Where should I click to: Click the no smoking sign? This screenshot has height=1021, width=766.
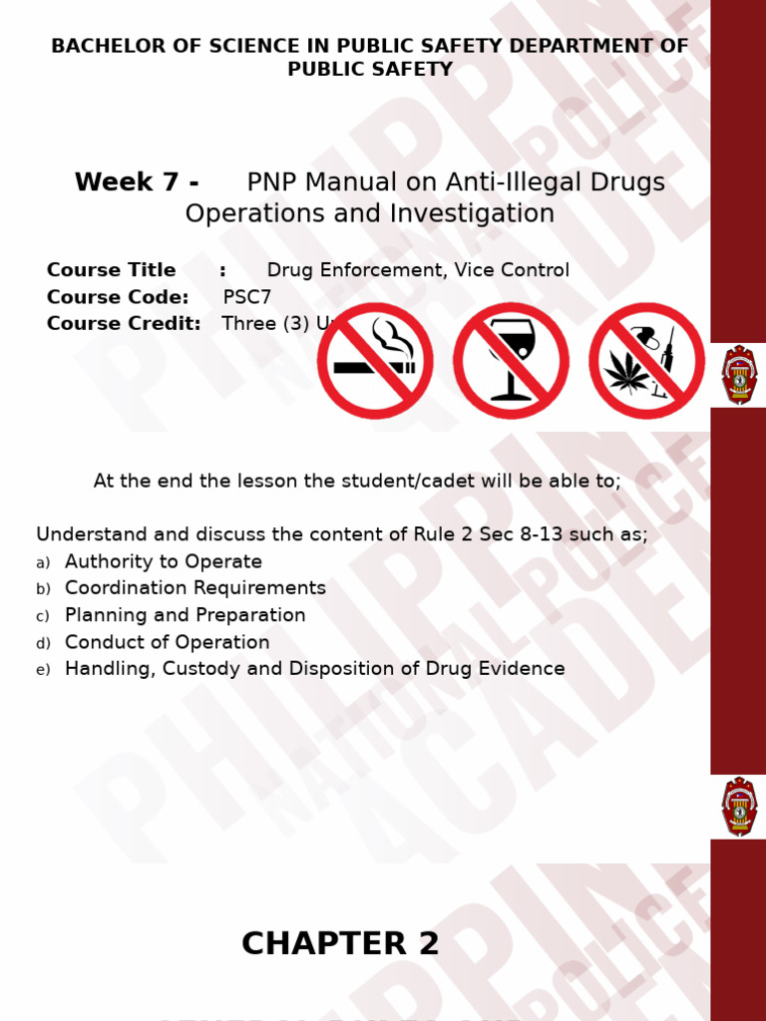click(x=375, y=361)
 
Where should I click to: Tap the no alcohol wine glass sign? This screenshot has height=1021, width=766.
click(x=511, y=361)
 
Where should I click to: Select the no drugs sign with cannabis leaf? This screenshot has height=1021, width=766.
click(x=646, y=361)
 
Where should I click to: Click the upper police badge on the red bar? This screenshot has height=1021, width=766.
click(x=739, y=375)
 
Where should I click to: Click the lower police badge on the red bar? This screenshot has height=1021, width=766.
click(x=739, y=807)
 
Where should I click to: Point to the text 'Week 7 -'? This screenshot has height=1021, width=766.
click(x=137, y=183)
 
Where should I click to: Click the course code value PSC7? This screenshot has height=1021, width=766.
click(x=247, y=297)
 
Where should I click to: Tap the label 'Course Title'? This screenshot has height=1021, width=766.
click(x=111, y=270)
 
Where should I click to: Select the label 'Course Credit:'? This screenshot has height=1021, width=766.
click(x=124, y=324)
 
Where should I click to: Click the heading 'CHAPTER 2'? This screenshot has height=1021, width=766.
click(x=340, y=943)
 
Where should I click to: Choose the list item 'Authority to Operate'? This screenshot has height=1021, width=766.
click(x=164, y=562)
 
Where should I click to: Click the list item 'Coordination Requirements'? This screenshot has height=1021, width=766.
click(x=195, y=588)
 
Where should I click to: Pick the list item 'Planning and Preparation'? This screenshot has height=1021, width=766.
click(x=186, y=615)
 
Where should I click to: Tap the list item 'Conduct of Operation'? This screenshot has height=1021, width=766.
click(x=168, y=642)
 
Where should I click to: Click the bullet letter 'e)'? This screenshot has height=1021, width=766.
click(x=43, y=670)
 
